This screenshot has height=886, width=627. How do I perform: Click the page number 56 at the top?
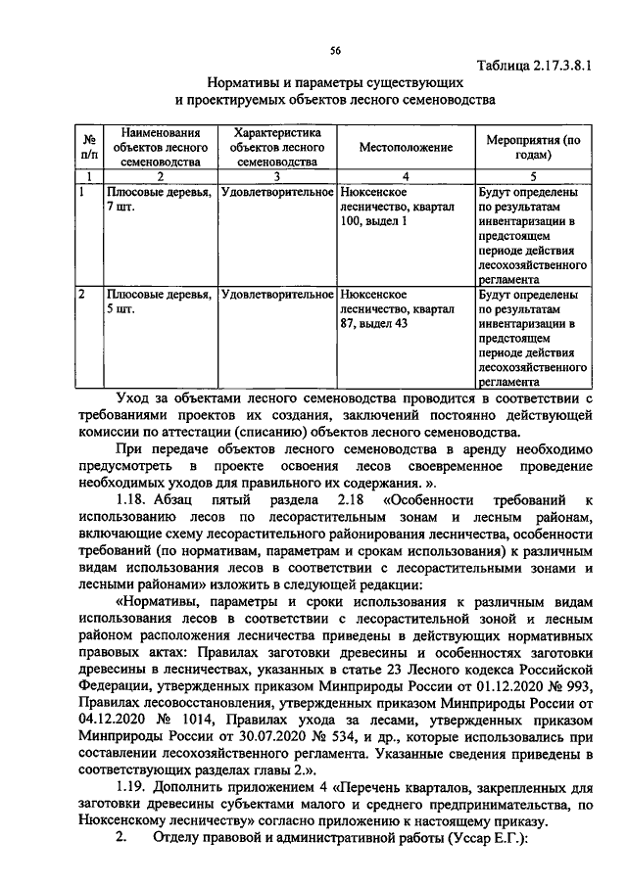(334, 50)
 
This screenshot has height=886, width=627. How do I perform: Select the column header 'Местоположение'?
(405, 147)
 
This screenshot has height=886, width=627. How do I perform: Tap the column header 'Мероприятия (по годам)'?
(534, 147)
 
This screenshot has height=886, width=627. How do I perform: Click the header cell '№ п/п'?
(89, 147)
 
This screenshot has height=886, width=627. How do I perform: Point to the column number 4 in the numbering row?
(405, 175)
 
